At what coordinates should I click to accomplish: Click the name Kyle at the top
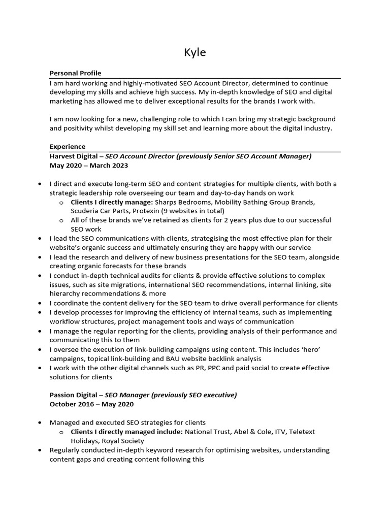[195, 52]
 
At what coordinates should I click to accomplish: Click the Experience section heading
[68, 147]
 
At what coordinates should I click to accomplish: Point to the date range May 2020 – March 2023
[89, 165]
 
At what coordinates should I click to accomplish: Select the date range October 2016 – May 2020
[92, 404]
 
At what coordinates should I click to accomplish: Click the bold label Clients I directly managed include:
[126, 432]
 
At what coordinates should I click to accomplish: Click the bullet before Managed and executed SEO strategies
[40, 422]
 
